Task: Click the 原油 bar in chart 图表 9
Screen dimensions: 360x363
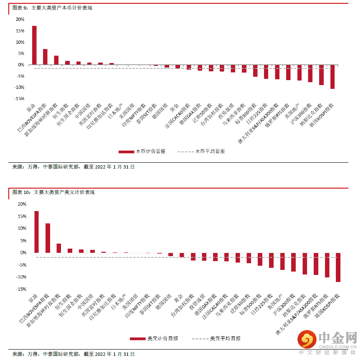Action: (x=34, y=45)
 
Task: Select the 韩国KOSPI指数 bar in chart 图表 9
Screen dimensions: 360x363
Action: (x=333, y=77)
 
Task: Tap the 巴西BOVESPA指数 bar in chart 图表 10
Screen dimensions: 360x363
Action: (x=48, y=238)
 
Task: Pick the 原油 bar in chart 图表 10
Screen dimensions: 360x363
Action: (x=36, y=232)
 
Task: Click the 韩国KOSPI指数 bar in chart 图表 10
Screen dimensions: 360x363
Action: (x=338, y=267)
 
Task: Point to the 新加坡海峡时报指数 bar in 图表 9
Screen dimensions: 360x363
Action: (x=56, y=60)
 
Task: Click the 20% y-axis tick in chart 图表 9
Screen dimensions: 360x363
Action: (x=20, y=20)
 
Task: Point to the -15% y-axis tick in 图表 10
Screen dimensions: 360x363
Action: (x=20, y=289)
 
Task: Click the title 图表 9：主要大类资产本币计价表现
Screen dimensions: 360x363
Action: (x=53, y=8)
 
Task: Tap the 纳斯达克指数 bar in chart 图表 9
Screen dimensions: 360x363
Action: (x=321, y=75)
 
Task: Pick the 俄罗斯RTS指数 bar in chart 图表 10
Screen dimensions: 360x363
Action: (x=327, y=265)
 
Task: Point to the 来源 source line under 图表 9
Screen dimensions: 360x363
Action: (x=74, y=167)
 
